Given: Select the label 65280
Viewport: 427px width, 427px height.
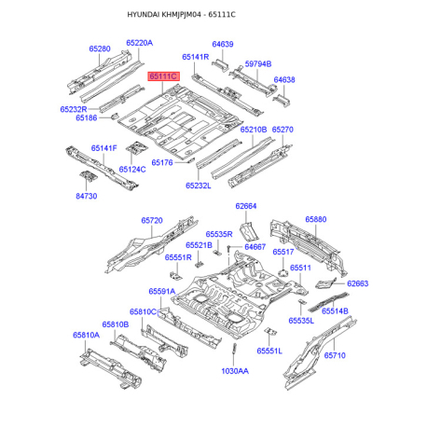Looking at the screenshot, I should pos(100,48).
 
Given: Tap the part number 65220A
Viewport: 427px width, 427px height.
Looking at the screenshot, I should pos(139,43).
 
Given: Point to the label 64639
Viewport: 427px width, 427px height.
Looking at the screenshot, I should pos(222,44).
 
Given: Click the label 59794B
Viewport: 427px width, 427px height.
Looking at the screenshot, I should pos(258,63).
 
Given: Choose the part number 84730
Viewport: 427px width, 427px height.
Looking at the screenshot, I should pos(86,197).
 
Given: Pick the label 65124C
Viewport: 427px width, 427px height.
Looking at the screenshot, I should pos(131,170).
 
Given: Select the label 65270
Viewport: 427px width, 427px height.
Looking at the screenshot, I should pos(282,131).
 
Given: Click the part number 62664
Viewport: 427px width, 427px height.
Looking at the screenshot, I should pos(245,206).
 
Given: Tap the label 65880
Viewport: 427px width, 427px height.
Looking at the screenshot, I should pos(316,219).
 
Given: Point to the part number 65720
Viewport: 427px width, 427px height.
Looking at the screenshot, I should pos(152,221).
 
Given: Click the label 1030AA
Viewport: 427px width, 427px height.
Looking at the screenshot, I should pos(234,370).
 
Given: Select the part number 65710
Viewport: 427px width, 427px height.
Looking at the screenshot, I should pos(335,355).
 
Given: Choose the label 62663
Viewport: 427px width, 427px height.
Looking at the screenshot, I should pos(358,283).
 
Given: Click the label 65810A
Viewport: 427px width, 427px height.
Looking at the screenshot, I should pos(86,335).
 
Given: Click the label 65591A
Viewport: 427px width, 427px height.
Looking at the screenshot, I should pos(162,291).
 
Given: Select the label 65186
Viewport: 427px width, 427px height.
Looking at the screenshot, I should pos(86,118).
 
